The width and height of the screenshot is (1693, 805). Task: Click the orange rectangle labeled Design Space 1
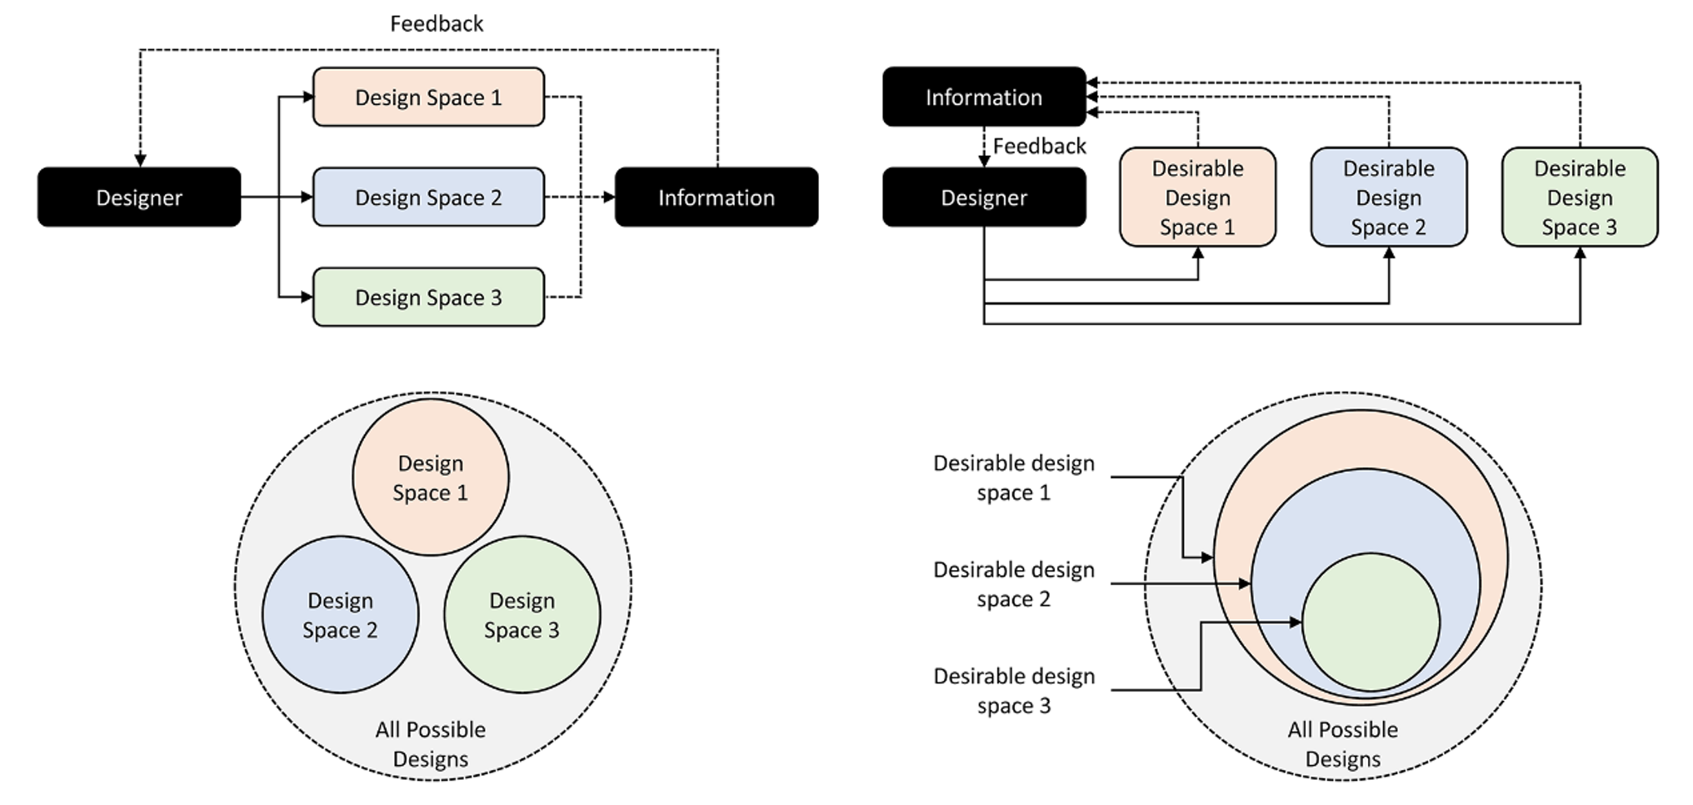[428, 97]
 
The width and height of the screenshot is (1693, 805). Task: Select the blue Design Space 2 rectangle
[428, 197]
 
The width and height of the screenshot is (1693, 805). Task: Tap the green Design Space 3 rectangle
[428, 297]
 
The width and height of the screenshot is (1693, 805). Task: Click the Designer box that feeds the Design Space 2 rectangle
[139, 197]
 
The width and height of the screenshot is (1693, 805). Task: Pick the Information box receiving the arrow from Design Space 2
[717, 197]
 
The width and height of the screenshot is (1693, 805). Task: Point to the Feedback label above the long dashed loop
[437, 23]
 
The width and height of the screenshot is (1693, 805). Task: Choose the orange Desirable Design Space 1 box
[1197, 197]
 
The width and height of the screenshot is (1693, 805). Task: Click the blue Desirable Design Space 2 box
[1389, 197]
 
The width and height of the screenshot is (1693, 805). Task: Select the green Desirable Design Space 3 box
[1580, 197]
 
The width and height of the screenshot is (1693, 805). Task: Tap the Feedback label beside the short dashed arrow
[1040, 147]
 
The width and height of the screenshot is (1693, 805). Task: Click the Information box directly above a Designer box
[984, 97]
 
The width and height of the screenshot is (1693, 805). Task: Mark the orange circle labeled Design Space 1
[431, 477]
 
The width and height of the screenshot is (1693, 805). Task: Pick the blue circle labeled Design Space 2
[340, 615]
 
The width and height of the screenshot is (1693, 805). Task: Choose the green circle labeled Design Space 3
[522, 615]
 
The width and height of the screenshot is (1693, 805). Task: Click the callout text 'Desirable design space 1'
[1014, 477]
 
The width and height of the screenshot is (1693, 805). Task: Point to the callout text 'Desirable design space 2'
[1014, 584]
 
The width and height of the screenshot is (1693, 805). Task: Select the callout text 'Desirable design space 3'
[1014, 691]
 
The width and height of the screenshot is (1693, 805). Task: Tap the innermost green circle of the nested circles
[1371, 622]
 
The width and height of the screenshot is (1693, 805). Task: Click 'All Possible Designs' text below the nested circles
[1343, 744]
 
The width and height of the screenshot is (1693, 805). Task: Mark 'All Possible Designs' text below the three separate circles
[431, 744]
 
